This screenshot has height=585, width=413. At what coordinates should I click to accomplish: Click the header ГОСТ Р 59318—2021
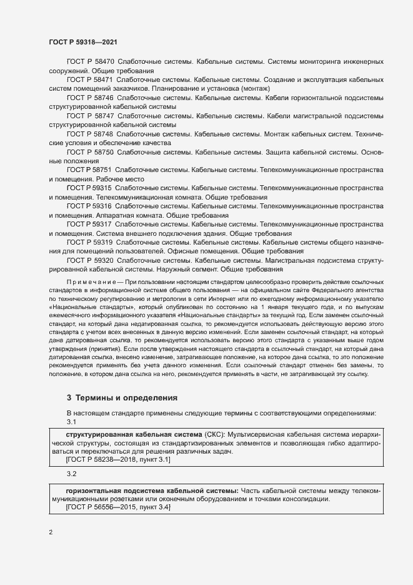84,41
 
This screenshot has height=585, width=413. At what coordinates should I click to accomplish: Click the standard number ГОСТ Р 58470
90,63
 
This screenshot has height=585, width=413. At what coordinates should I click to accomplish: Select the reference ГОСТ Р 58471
90,81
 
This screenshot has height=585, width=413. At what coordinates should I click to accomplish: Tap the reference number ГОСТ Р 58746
90,99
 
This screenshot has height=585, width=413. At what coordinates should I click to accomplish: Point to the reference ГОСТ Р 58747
90,116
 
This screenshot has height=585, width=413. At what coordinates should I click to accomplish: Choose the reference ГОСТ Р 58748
90,135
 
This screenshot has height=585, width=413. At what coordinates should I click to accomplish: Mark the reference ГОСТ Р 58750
90,153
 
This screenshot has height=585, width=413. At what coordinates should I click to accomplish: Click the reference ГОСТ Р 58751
89,170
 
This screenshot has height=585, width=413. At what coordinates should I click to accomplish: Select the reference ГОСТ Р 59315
89,188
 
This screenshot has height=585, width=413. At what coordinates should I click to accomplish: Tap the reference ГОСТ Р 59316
89,206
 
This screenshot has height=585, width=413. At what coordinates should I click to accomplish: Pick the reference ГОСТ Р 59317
89,224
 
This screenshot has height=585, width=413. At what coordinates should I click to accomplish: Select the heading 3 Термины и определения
122,397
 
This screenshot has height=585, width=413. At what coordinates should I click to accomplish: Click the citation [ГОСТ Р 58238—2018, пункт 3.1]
118,459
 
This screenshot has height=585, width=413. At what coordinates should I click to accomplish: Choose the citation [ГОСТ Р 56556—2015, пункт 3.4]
118,509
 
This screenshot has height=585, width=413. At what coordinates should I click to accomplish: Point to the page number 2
51,532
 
